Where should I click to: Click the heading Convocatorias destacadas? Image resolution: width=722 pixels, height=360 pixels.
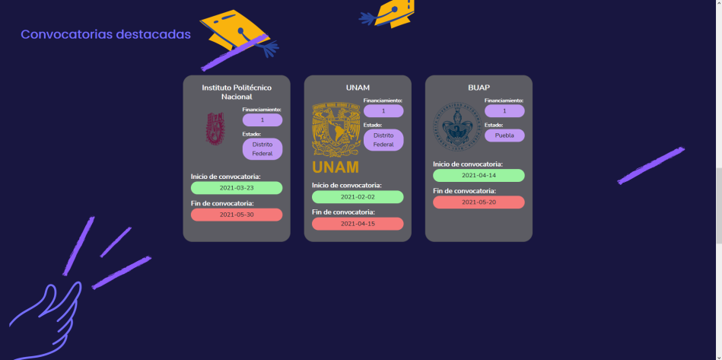[x=106, y=34]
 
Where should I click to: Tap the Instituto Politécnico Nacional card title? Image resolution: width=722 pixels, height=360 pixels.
[x=236, y=92]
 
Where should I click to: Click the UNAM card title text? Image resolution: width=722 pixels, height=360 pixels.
[x=358, y=88]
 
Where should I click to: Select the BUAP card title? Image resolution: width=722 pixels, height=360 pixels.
[x=479, y=88]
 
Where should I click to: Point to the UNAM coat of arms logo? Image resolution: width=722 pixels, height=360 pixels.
[x=335, y=129]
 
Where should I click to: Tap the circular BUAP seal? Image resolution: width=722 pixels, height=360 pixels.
[x=456, y=126]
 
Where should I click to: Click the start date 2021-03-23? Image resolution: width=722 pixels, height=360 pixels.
[x=237, y=188]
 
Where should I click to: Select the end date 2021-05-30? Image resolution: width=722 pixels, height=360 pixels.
[x=237, y=215]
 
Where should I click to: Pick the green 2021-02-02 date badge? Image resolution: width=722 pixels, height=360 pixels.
[x=358, y=196]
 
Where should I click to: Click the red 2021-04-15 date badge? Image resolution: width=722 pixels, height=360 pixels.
[x=358, y=223]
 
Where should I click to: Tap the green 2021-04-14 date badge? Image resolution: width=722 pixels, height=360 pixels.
[x=479, y=175]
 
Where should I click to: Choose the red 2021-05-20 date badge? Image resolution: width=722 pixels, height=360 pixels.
[x=479, y=202]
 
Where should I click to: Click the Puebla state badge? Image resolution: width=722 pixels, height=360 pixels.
[x=504, y=135]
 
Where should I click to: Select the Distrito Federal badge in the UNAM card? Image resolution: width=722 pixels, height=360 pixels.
[x=383, y=140]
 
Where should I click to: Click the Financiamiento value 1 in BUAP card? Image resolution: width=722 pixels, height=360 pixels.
[x=504, y=111]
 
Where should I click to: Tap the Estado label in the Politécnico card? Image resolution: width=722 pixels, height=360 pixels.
[x=252, y=134]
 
